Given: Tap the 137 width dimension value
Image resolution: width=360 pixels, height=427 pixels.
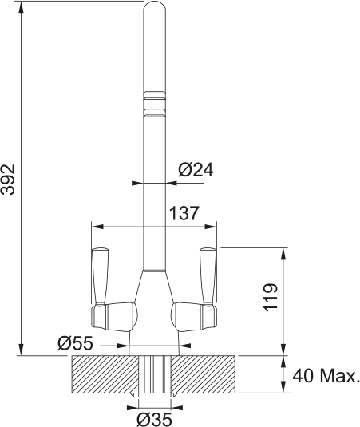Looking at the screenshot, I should [x=184, y=213].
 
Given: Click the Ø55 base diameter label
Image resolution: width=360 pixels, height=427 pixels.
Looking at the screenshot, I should [x=76, y=343].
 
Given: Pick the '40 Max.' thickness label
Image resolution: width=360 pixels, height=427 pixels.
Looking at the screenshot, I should [x=326, y=375].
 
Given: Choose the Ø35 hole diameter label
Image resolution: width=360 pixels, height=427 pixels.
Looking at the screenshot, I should [x=154, y=417].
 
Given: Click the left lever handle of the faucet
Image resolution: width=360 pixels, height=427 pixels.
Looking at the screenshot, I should [x=101, y=275].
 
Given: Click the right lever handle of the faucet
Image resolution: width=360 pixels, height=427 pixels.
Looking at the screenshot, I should [x=207, y=275].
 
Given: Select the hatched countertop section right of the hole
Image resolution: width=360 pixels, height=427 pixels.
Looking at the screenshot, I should [x=204, y=374].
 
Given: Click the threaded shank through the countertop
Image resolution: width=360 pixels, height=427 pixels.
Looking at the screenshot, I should [x=154, y=375].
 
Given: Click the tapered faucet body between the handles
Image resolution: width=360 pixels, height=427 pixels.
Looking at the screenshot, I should [x=154, y=295].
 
